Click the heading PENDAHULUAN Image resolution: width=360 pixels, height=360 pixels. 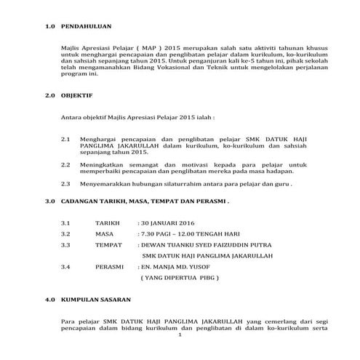[x=86, y=27]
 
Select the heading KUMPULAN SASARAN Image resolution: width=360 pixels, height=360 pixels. [x=94, y=299]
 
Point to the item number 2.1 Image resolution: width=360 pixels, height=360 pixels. [x=65, y=138]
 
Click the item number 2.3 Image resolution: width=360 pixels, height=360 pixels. [x=65, y=184]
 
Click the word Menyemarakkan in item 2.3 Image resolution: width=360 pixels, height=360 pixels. [x=104, y=184]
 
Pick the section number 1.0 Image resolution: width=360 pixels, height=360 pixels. [x=49, y=27]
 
